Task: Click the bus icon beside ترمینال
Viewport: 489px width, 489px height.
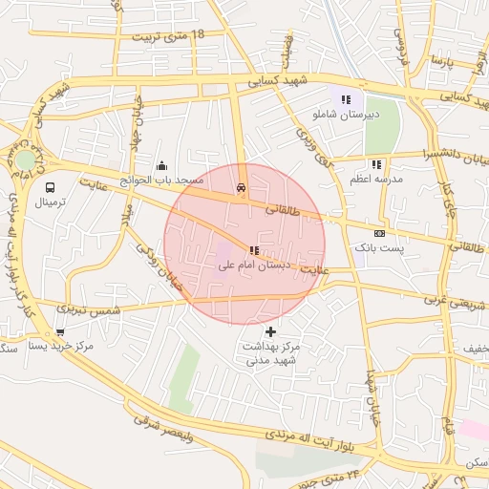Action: point(49,187)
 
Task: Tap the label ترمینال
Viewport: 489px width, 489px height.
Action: point(51,202)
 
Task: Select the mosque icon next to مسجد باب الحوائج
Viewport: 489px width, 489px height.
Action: point(160,164)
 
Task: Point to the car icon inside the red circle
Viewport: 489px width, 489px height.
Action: point(241,188)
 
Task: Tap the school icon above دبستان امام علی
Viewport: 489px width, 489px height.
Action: point(253,250)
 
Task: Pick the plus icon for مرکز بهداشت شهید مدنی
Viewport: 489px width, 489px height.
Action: point(272,331)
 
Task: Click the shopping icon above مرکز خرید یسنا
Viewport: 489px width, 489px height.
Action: point(61,332)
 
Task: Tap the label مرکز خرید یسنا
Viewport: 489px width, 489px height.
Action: point(61,346)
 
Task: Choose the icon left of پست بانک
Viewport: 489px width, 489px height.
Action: point(380,233)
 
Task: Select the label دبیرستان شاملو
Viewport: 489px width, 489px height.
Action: point(346,114)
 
